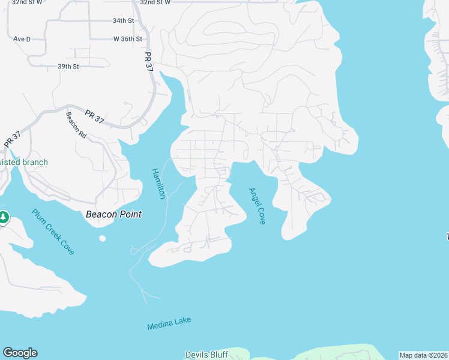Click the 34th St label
point(123,20)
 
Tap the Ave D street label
point(22,39)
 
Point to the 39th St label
point(68,66)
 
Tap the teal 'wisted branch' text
point(24,162)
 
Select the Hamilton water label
point(157,183)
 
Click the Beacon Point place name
point(113,214)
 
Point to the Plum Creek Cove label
point(53,232)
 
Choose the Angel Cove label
point(257,206)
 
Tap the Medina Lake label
point(169,323)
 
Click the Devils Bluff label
point(206,355)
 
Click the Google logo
point(20,353)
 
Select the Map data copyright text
point(424,355)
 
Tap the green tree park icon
point(3,217)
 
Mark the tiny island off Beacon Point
point(102,238)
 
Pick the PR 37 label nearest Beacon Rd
point(94,116)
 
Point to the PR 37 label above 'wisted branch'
point(12,139)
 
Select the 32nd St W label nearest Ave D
point(27,2)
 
